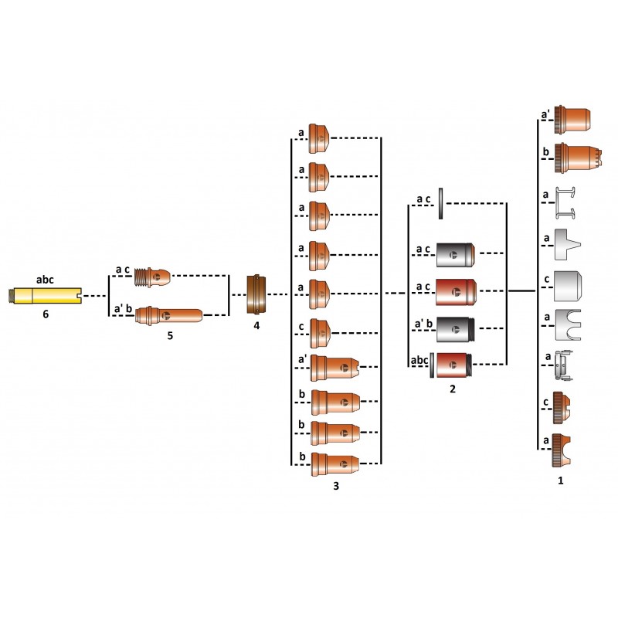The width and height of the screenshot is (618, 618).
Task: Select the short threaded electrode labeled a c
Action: coord(152,276)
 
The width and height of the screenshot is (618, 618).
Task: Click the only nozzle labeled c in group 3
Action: coord(319,333)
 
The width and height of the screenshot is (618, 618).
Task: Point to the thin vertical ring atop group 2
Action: coord(440,203)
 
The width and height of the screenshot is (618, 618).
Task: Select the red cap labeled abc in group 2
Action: coord(454,365)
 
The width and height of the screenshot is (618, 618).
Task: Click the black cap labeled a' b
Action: coord(455,328)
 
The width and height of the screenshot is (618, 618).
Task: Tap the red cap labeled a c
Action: coord(456,292)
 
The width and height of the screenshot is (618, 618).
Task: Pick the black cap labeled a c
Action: coord(456,255)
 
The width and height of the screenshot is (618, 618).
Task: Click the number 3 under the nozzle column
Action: coord(335,487)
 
